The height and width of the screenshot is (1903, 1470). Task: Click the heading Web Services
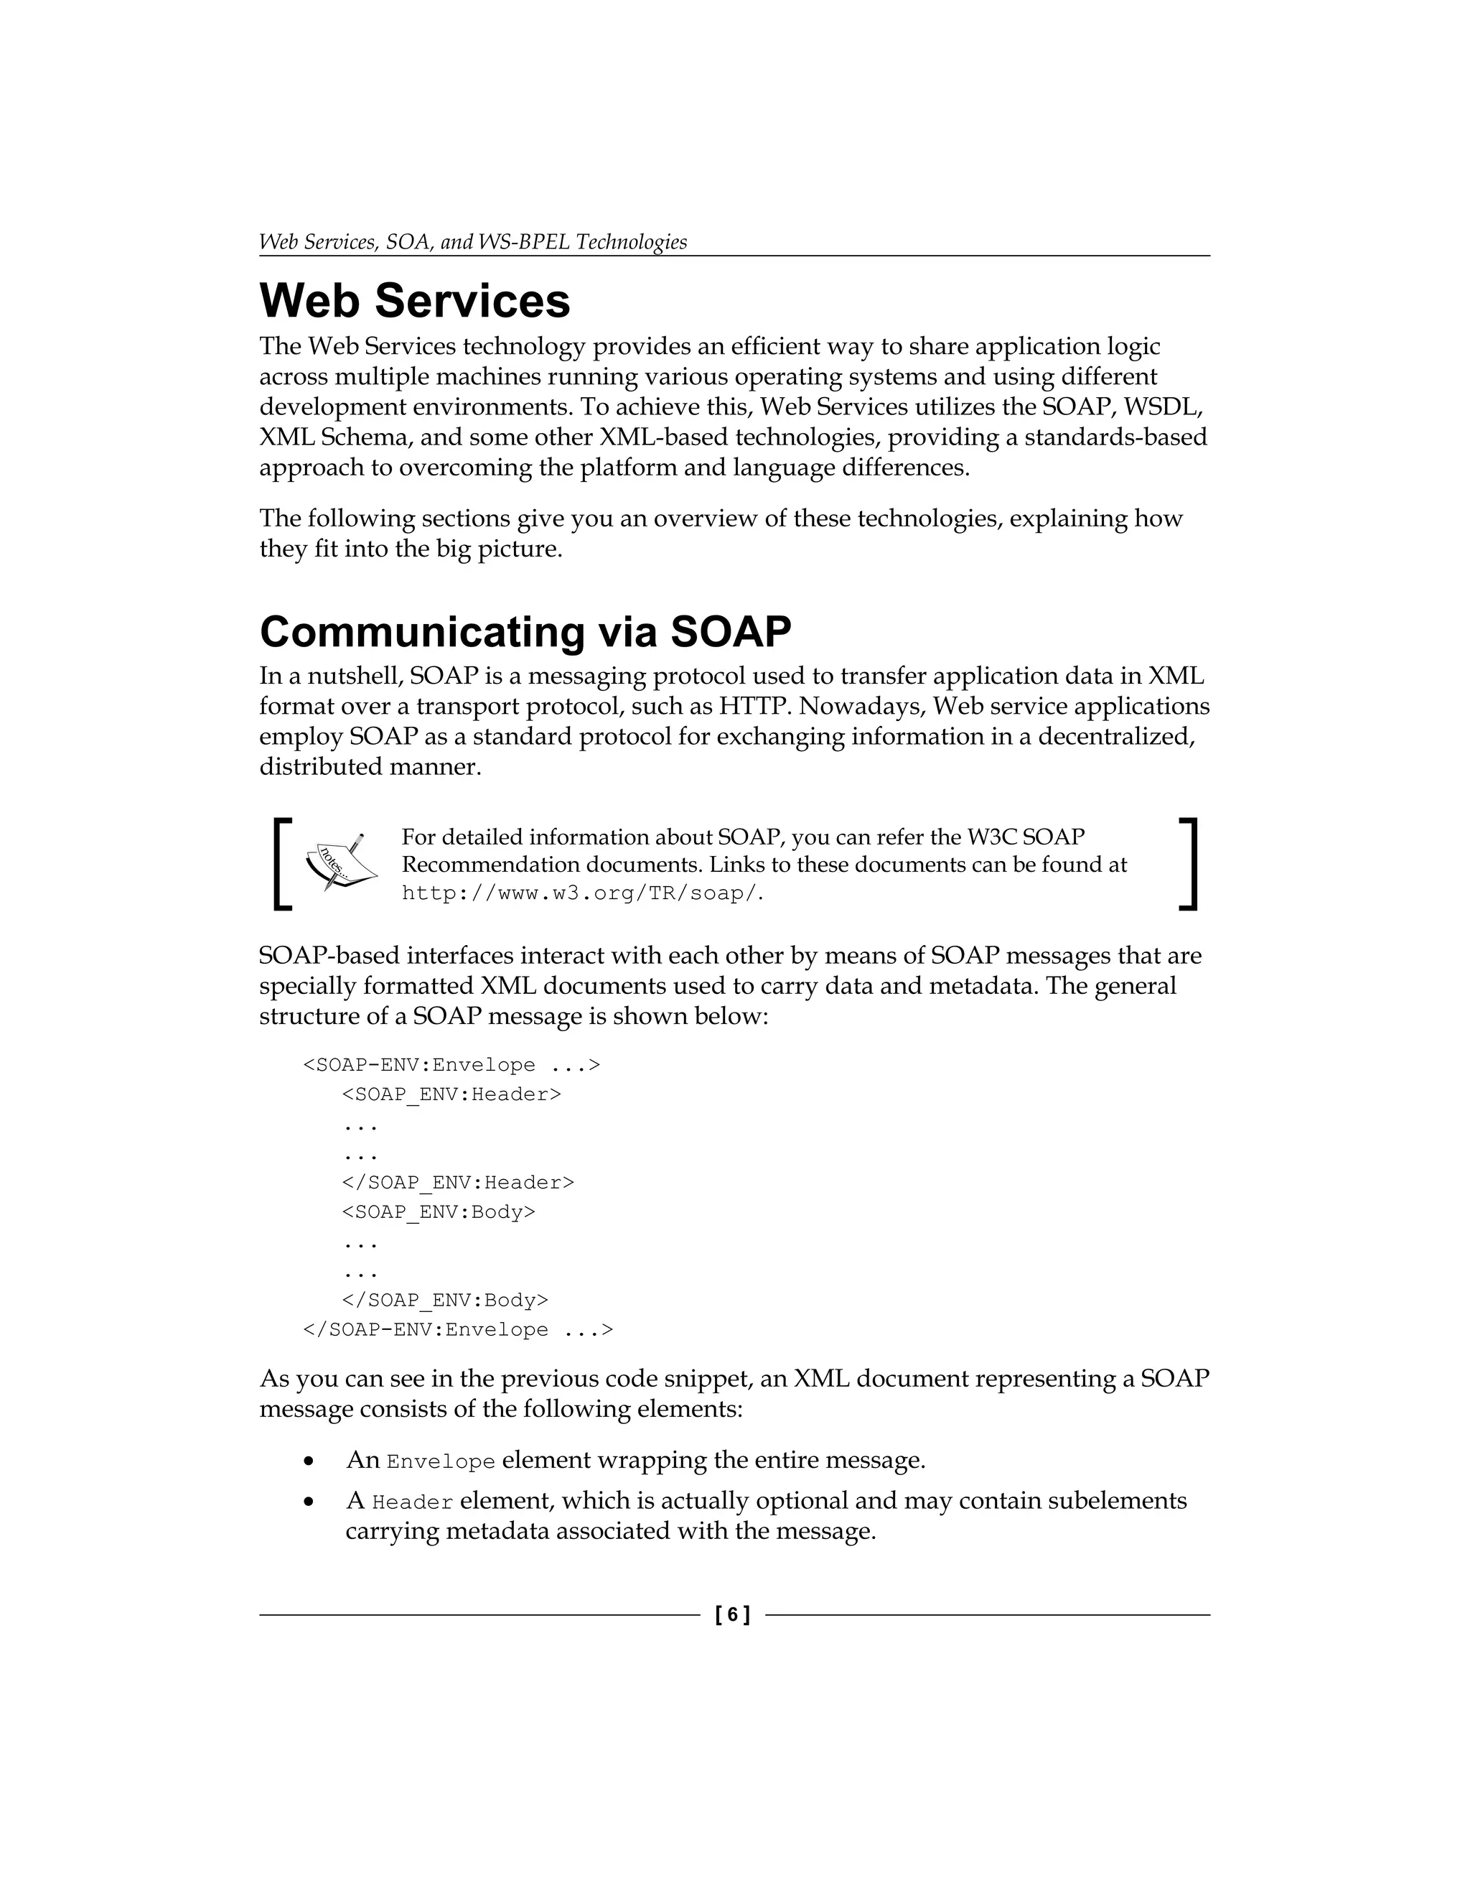point(415,302)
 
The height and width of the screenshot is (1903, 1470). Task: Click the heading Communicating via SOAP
point(525,632)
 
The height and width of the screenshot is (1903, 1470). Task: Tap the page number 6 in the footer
point(732,1614)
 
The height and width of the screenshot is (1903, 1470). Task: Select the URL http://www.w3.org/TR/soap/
point(581,893)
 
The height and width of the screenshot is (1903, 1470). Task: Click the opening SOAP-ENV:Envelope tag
point(451,1065)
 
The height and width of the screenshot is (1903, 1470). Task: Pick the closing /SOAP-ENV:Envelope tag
point(457,1330)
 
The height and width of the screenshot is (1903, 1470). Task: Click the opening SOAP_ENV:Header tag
point(451,1094)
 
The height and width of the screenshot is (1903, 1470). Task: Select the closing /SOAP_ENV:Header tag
point(457,1183)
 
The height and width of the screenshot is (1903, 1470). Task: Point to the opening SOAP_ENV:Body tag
point(438,1212)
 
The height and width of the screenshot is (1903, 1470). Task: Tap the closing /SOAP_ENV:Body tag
point(445,1300)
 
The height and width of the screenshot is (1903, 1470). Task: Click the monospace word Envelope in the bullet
point(441,1462)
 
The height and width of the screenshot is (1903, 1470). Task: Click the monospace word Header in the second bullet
point(412,1503)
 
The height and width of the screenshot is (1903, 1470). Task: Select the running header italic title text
point(473,242)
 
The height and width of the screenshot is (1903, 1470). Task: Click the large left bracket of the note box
point(281,863)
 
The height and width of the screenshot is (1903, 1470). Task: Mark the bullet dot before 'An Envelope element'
point(308,1461)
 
